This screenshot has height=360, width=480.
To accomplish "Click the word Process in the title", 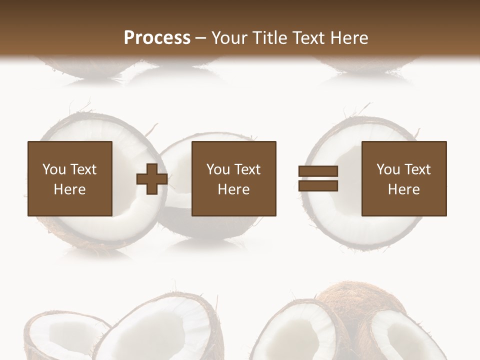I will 157,38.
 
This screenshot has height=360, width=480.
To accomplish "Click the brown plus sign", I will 152,178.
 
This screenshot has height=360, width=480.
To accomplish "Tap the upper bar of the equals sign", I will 318,171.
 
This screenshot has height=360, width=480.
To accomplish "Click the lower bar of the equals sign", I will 318,186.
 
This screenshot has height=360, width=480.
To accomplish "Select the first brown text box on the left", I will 70,178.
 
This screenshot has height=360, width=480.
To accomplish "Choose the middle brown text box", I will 233,178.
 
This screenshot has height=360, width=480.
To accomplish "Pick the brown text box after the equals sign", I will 404,178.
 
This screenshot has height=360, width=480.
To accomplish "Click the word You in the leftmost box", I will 54,169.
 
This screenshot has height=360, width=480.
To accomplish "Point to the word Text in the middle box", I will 247,169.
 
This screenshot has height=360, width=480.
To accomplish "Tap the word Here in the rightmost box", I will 404,189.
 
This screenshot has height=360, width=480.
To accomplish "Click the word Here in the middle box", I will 233,189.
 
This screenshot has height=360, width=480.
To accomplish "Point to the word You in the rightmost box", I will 388,169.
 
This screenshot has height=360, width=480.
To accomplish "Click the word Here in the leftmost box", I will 70,189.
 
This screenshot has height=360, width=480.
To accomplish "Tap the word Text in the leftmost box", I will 83,169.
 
